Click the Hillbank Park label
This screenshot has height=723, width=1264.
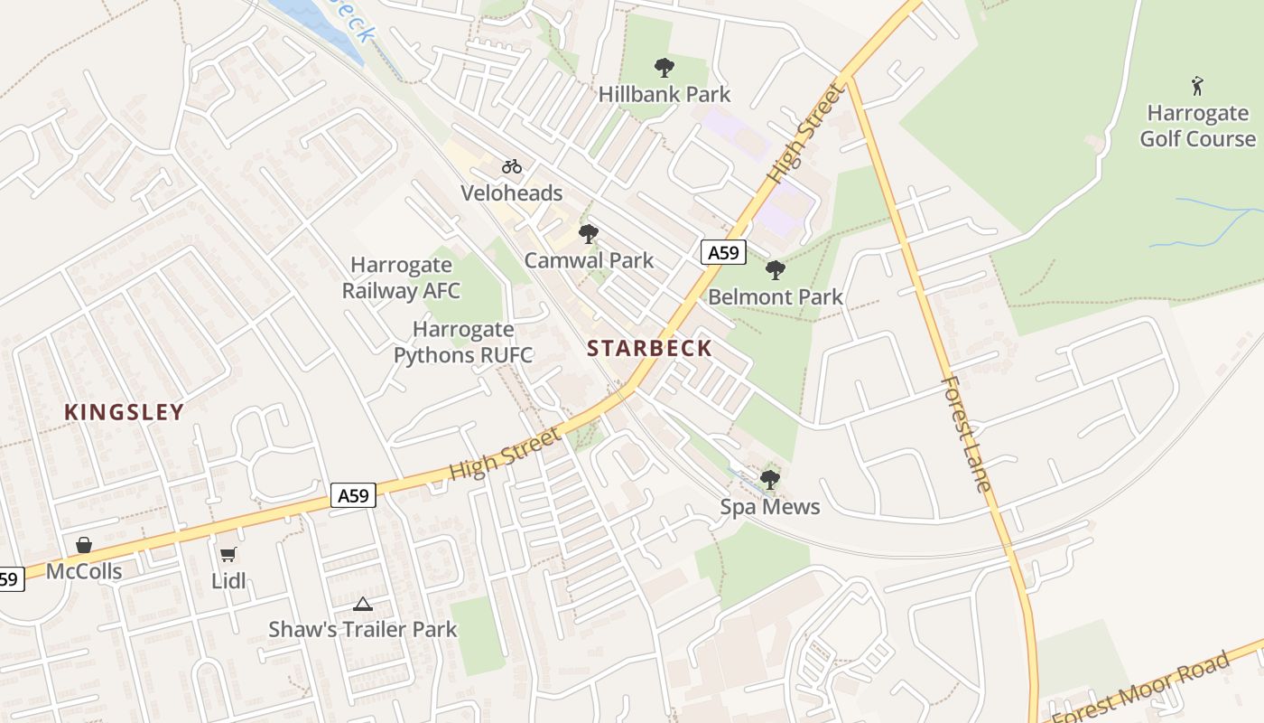(665, 94)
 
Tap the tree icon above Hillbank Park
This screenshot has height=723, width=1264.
(665, 67)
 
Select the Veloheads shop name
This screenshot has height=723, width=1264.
(511, 192)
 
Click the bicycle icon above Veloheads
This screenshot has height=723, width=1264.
(512, 166)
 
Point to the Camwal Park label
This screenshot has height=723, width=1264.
(589, 260)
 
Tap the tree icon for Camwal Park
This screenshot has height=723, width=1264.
(589, 234)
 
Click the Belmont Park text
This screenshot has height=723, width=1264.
(775, 296)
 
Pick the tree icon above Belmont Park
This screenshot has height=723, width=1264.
(775, 270)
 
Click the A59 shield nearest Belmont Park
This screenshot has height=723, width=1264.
(723, 253)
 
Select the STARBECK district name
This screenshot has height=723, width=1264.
(649, 348)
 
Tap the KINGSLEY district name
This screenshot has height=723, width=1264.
(124, 412)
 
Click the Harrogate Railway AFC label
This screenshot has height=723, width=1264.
(401, 277)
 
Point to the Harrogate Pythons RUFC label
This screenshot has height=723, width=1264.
(463, 342)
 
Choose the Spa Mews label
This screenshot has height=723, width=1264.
(769, 506)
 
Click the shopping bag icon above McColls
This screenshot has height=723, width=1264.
(84, 545)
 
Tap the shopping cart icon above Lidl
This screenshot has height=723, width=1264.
(228, 554)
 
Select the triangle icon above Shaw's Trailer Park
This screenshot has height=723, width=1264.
(363, 604)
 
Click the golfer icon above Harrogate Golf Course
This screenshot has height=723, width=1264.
(1197, 86)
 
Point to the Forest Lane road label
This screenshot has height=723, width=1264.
(965, 434)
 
